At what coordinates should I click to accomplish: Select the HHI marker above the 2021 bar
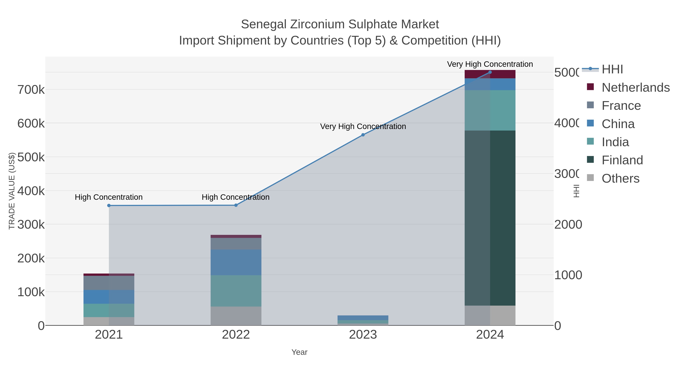[109, 205]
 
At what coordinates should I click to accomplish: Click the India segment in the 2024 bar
[490, 110]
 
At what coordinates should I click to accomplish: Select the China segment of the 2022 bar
[236, 262]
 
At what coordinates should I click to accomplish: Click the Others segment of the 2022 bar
[236, 316]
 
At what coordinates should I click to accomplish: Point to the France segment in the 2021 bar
[109, 283]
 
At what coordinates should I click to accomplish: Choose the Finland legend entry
[622, 160]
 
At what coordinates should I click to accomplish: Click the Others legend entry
[620, 178]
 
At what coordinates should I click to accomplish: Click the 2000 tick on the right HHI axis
[568, 225]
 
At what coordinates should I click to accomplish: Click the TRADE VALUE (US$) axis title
[12, 191]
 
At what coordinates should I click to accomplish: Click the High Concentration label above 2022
[236, 197]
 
